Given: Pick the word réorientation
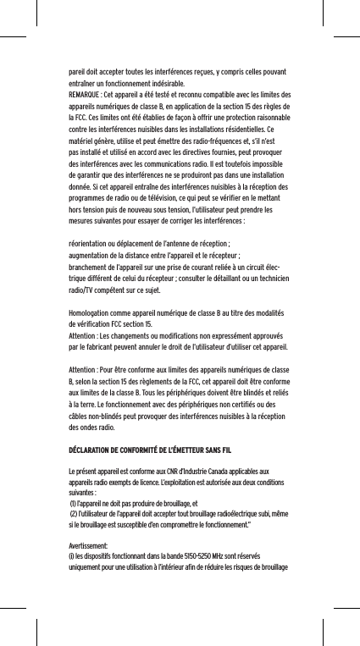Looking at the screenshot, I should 91,243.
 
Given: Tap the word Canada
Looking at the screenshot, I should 220,471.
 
